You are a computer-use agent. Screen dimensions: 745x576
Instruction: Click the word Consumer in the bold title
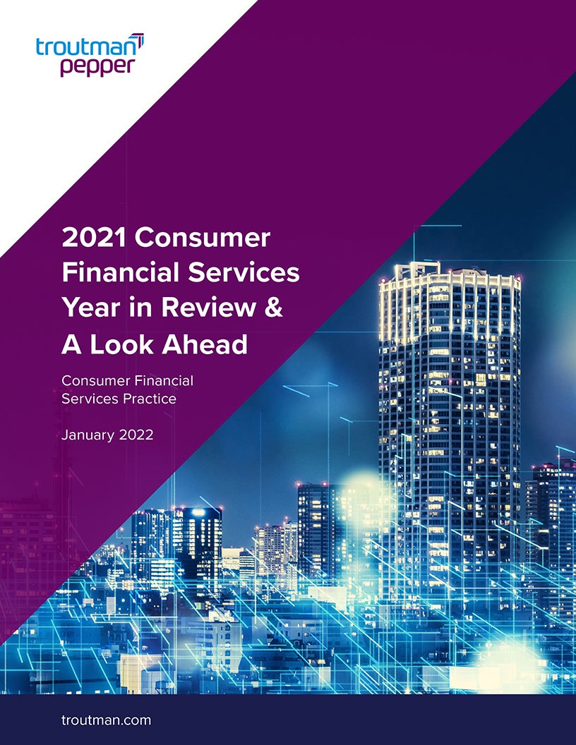point(203,238)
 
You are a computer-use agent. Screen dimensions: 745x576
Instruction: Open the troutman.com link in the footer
point(106,721)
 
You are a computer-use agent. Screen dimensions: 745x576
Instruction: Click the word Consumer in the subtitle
point(92,381)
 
